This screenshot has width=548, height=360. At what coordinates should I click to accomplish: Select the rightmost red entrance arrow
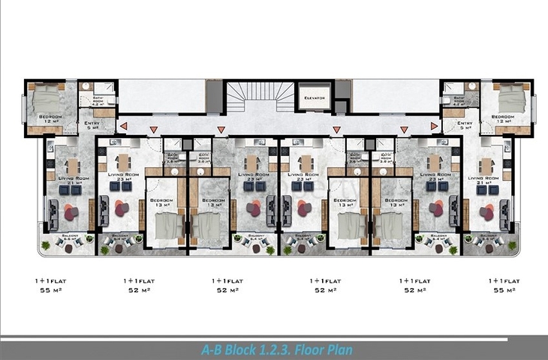click(x=434, y=127)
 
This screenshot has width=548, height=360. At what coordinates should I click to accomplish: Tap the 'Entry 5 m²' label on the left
click(x=92, y=124)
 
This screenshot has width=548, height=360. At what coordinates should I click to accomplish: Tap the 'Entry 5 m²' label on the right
click(x=465, y=124)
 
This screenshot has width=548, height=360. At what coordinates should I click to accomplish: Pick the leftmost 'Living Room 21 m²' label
click(x=74, y=179)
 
